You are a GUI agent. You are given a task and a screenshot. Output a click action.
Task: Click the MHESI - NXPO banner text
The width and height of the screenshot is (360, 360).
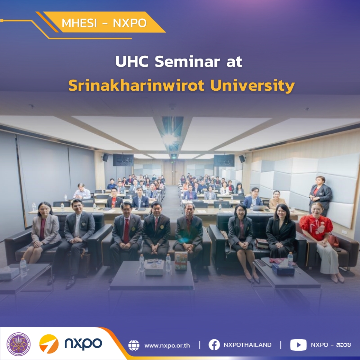coord(104,23)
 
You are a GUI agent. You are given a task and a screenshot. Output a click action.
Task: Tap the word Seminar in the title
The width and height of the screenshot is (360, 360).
coord(187,62)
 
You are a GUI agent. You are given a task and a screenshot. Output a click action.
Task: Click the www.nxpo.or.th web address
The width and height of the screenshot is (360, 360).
coord(167,345)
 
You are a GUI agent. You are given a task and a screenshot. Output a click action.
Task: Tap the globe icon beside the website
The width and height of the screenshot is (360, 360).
coord(134,345)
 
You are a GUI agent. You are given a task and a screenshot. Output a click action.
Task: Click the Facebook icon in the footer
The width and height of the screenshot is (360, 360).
coord(214,345)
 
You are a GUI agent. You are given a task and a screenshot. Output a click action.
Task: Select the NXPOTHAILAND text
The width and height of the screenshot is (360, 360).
coord(247,345)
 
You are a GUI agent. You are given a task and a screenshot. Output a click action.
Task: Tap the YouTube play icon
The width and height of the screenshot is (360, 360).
coord(298,345)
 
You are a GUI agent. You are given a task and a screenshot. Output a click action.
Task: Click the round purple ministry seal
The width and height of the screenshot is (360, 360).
coord(19,344)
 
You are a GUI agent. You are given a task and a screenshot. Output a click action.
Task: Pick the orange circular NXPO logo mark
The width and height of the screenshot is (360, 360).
coord(49,344)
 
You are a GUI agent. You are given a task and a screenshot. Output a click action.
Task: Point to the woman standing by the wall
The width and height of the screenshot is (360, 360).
coord(320,196)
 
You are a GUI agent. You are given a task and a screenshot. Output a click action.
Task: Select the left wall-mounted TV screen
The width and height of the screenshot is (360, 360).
coord(123,160)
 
